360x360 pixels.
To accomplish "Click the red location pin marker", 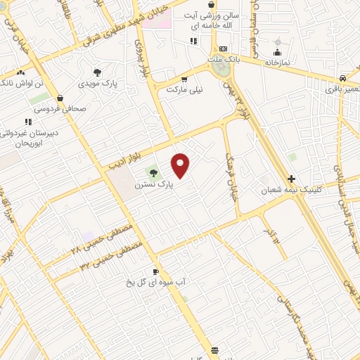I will [181, 165].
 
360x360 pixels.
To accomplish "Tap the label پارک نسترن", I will [154, 185].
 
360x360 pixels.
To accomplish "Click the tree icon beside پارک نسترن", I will [153, 173].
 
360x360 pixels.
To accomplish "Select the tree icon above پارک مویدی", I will [97, 72].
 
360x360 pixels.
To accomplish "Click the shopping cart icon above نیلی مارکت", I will [184, 79].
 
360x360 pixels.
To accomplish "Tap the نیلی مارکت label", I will [184, 90].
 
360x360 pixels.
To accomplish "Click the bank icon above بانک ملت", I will [223, 49].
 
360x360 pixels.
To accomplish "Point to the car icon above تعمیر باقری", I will [342, 78].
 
